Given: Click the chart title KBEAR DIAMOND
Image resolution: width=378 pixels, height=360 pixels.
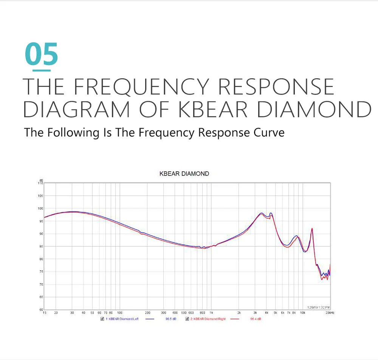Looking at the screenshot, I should [184, 174].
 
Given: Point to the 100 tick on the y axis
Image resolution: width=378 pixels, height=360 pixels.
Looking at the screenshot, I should [40, 208].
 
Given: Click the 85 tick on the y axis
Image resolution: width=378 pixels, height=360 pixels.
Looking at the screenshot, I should [41, 246].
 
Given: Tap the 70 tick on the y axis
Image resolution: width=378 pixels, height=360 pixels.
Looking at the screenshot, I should [41, 284].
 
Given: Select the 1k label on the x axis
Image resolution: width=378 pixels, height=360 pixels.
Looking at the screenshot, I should [211, 313].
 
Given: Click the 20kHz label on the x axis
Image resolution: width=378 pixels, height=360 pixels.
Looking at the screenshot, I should [329, 313].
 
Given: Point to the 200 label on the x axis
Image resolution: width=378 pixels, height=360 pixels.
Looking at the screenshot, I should [147, 313].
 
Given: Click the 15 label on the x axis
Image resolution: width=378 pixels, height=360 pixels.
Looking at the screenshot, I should [45, 313].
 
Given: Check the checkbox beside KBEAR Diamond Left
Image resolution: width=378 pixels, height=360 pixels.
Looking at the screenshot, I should [102, 319].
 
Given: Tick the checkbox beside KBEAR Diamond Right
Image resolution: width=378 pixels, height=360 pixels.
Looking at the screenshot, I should [187, 319].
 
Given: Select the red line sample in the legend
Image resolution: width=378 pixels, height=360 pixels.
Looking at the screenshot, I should [235, 319].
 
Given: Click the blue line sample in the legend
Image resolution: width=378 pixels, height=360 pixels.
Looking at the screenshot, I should [150, 319].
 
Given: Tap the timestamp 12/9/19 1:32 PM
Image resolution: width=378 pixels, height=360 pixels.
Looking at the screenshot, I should [318, 307].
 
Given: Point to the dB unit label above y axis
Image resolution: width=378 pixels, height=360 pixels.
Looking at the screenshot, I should [41, 180].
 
